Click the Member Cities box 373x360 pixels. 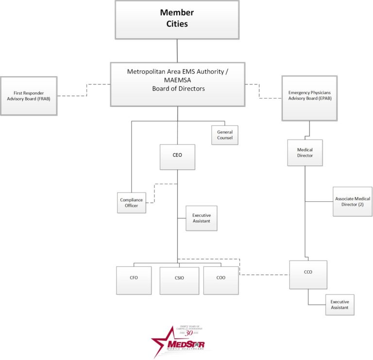(x=177, y=20)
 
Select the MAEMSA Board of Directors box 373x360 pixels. (x=177, y=84)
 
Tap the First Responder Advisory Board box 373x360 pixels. (x=29, y=96)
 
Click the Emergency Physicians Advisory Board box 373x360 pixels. (x=309, y=98)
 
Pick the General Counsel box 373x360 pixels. (x=225, y=135)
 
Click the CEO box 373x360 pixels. (x=177, y=157)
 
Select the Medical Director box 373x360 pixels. (x=305, y=153)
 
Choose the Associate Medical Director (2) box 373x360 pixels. (x=352, y=201)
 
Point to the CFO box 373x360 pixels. (x=134, y=280)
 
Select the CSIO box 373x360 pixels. (x=179, y=280)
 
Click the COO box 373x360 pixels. (x=221, y=280)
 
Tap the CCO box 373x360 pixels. (x=308, y=275)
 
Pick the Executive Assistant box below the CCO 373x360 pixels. (x=339, y=305)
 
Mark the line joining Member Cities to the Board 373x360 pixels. (x=177, y=50)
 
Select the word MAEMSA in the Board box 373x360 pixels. (x=177, y=80)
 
